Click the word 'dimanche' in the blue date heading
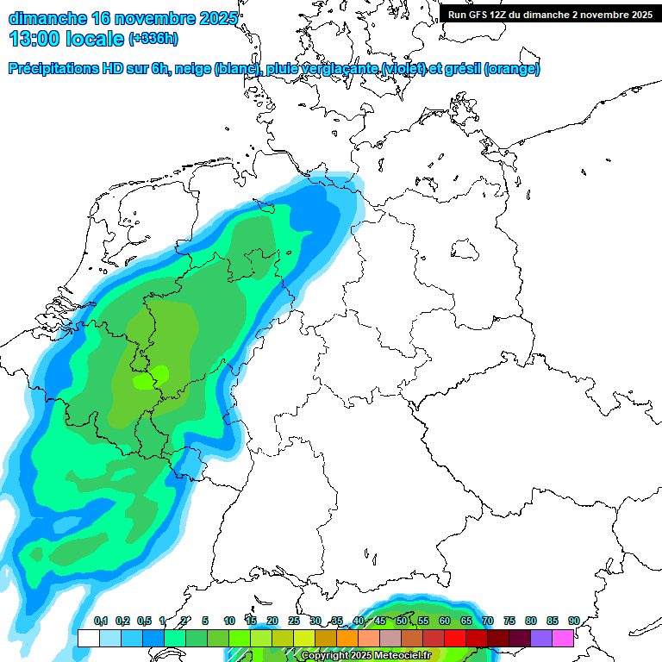(47, 18)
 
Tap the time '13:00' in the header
(34, 39)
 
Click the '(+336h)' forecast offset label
(153, 39)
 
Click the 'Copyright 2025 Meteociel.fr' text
(365, 655)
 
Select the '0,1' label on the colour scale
(100, 621)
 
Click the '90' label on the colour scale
(573, 621)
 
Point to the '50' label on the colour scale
(401, 621)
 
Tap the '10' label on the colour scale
(229, 621)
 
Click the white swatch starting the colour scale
(88, 638)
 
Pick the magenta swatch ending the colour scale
(563, 638)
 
